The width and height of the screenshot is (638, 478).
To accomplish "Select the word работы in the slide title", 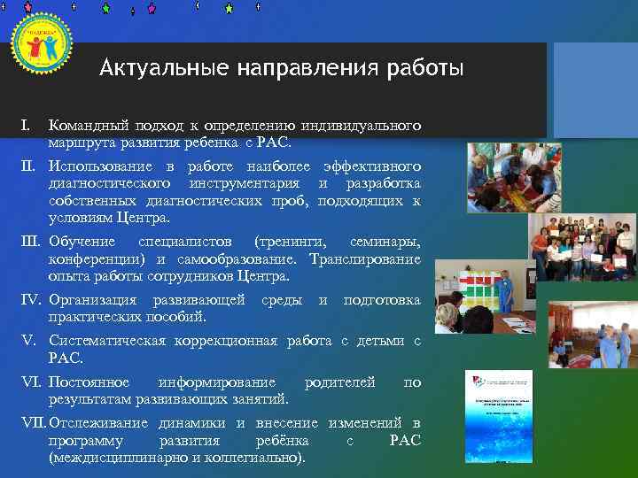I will click(422, 68).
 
